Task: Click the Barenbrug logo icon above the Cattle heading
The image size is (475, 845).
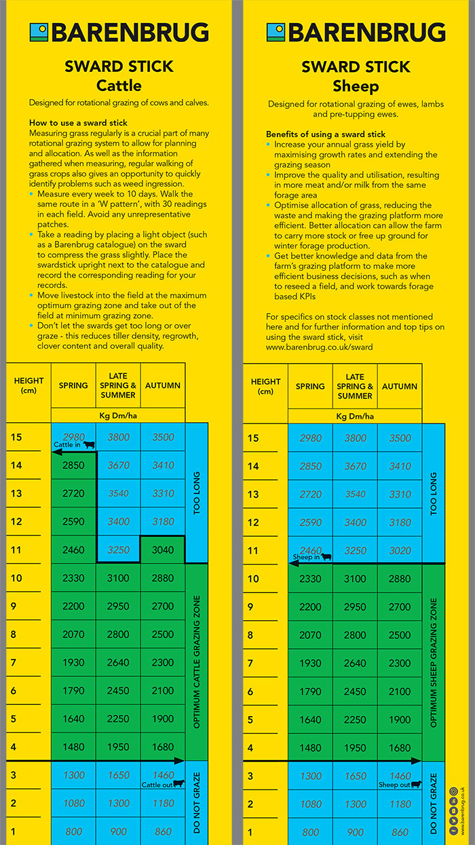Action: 39,33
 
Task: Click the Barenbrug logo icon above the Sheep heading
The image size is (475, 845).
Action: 275,33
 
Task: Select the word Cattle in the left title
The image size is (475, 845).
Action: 119,86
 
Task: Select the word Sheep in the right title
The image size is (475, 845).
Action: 356,86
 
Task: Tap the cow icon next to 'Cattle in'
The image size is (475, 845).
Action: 89,445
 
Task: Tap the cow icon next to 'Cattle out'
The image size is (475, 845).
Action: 178,783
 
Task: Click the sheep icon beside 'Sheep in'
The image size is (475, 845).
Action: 326,557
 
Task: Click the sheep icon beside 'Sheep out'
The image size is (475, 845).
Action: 415,784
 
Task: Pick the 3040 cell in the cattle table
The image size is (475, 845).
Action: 163,550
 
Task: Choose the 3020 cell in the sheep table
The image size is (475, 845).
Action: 400,550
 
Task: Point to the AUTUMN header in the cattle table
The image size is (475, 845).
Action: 163,385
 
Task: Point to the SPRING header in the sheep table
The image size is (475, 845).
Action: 310,386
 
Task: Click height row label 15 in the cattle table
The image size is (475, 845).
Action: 16,437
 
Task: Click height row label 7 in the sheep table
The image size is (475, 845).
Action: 253,663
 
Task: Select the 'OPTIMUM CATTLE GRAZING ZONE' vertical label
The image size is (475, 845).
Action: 197,662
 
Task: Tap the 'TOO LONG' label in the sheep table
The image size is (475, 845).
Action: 434,493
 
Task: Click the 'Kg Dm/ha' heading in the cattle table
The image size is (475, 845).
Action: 118,415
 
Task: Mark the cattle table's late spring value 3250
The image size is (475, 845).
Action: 118,550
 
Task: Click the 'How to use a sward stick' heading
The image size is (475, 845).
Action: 79,123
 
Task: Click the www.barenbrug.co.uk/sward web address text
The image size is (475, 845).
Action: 319,347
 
